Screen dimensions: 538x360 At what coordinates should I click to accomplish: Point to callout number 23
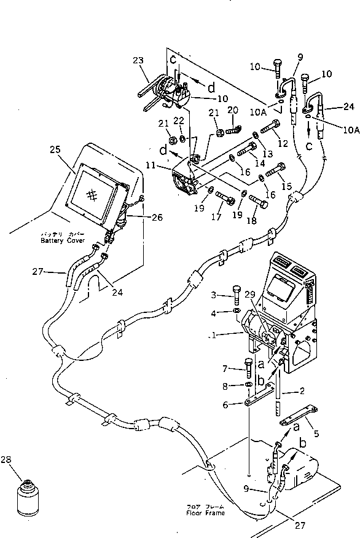[x=137, y=60]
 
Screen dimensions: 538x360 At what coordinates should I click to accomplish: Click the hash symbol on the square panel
[x=92, y=194]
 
